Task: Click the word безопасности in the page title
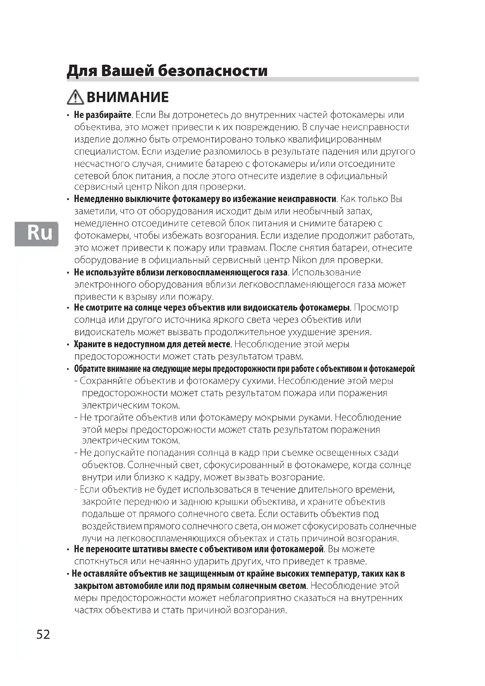click(212, 71)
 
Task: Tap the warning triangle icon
click(75, 97)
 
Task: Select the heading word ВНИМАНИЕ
click(128, 97)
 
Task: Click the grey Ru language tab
click(36, 233)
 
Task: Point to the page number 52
click(43, 634)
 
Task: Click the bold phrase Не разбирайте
click(102, 115)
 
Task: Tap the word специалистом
click(107, 151)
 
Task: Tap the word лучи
click(90, 538)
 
